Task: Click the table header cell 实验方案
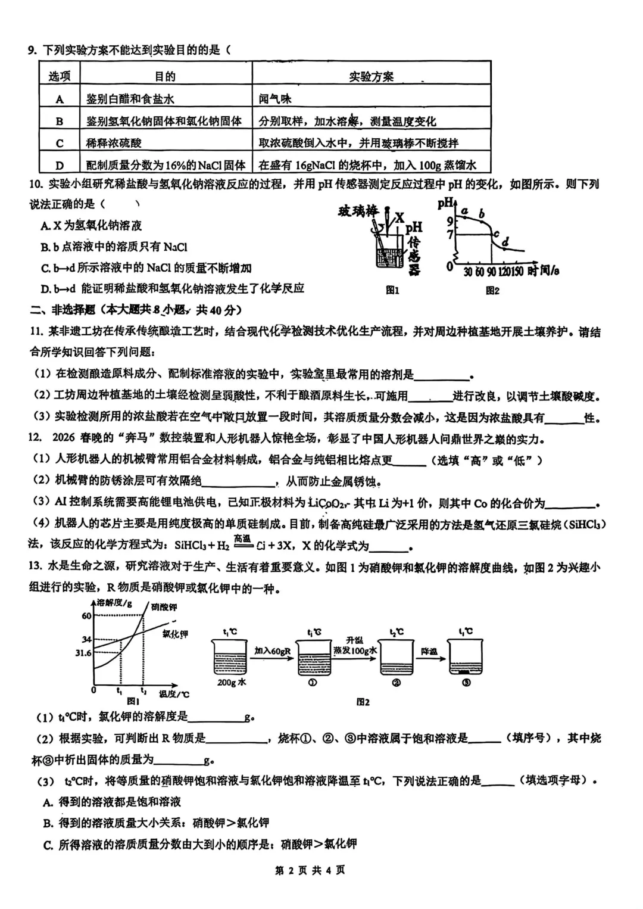point(371,76)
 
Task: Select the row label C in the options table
point(60,143)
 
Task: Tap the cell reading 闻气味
point(275,99)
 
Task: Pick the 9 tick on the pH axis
point(450,220)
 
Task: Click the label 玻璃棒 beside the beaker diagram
point(358,211)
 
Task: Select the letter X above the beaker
point(399,218)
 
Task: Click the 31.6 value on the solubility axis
point(83,653)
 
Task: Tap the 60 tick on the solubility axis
point(87,616)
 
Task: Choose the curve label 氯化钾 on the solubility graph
point(175,634)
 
